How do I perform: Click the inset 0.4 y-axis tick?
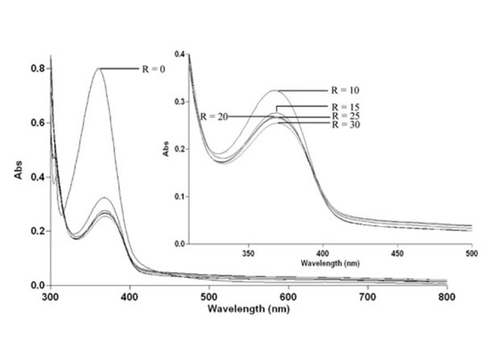[x=181, y=55]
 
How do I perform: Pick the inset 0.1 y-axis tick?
[x=181, y=197]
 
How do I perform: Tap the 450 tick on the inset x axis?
[x=396, y=251]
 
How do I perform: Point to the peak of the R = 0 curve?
[x=99, y=68]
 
